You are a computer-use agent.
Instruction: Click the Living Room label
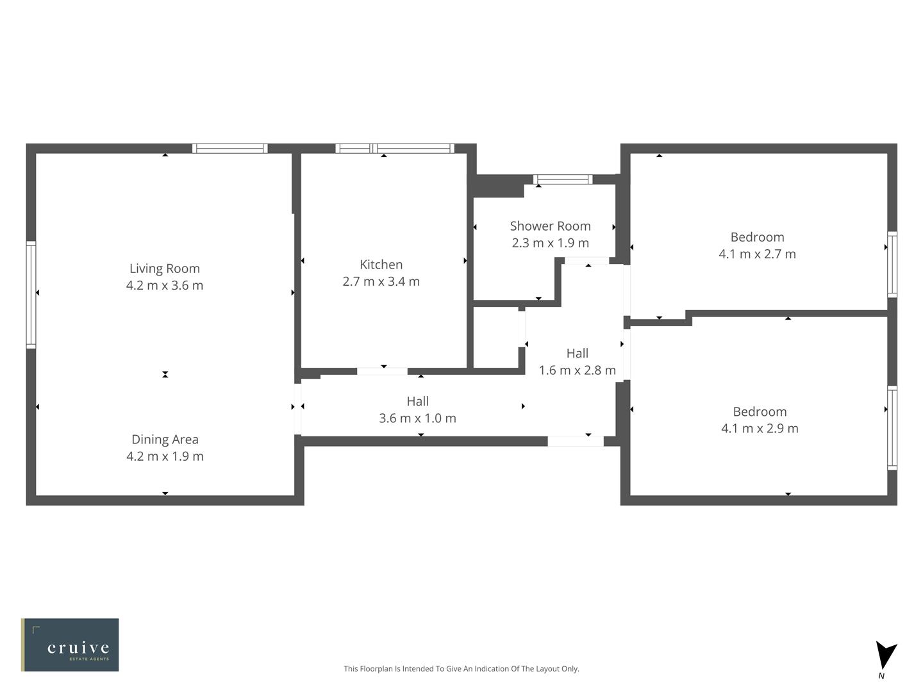coord(165,268)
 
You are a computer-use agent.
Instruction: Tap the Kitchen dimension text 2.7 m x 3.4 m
coord(381,281)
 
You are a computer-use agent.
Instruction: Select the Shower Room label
coord(550,226)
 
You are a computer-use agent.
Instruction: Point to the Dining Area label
coord(165,440)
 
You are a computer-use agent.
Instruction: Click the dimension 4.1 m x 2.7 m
coord(757,254)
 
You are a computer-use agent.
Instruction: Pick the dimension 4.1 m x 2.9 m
coord(760,429)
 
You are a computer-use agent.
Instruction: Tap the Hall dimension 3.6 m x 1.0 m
coord(417,418)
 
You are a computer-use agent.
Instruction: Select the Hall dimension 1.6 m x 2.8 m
coord(577,370)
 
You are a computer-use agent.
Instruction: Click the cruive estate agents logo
coord(70,645)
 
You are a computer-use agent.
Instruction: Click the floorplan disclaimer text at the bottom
coord(461,668)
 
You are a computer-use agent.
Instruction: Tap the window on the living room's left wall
coord(31,295)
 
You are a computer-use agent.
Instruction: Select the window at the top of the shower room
coord(563,179)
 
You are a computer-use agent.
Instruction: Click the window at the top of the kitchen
coord(395,149)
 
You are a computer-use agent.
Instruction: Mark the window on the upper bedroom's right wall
coord(892,264)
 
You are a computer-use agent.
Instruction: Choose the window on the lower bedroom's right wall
coord(892,428)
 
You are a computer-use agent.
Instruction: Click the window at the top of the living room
coord(229,149)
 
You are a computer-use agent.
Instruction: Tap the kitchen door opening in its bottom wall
coord(382,371)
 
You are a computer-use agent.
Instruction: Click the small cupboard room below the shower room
coord(495,338)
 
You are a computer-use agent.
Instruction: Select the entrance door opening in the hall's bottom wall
coord(575,441)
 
